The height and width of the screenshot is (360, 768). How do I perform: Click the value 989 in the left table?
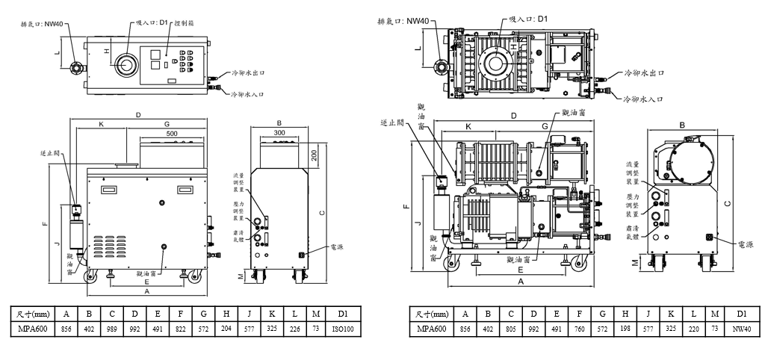pyautogui.click(x=111, y=329)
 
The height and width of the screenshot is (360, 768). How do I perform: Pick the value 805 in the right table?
pyautogui.click(x=512, y=329)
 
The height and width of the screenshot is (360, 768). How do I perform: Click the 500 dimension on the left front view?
pyautogui.click(x=173, y=133)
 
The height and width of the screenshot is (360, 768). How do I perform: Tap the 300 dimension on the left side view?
pyautogui.click(x=279, y=133)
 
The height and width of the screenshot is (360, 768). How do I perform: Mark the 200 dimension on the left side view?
pyautogui.click(x=315, y=155)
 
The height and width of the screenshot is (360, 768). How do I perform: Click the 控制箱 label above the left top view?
pyautogui.click(x=185, y=25)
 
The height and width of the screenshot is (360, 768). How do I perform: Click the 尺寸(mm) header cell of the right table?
pyautogui.click(x=431, y=314)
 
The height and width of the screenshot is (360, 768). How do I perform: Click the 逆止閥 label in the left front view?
pyautogui.click(x=51, y=153)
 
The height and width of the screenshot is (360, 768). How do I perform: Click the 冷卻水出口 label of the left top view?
pyautogui.click(x=250, y=75)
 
